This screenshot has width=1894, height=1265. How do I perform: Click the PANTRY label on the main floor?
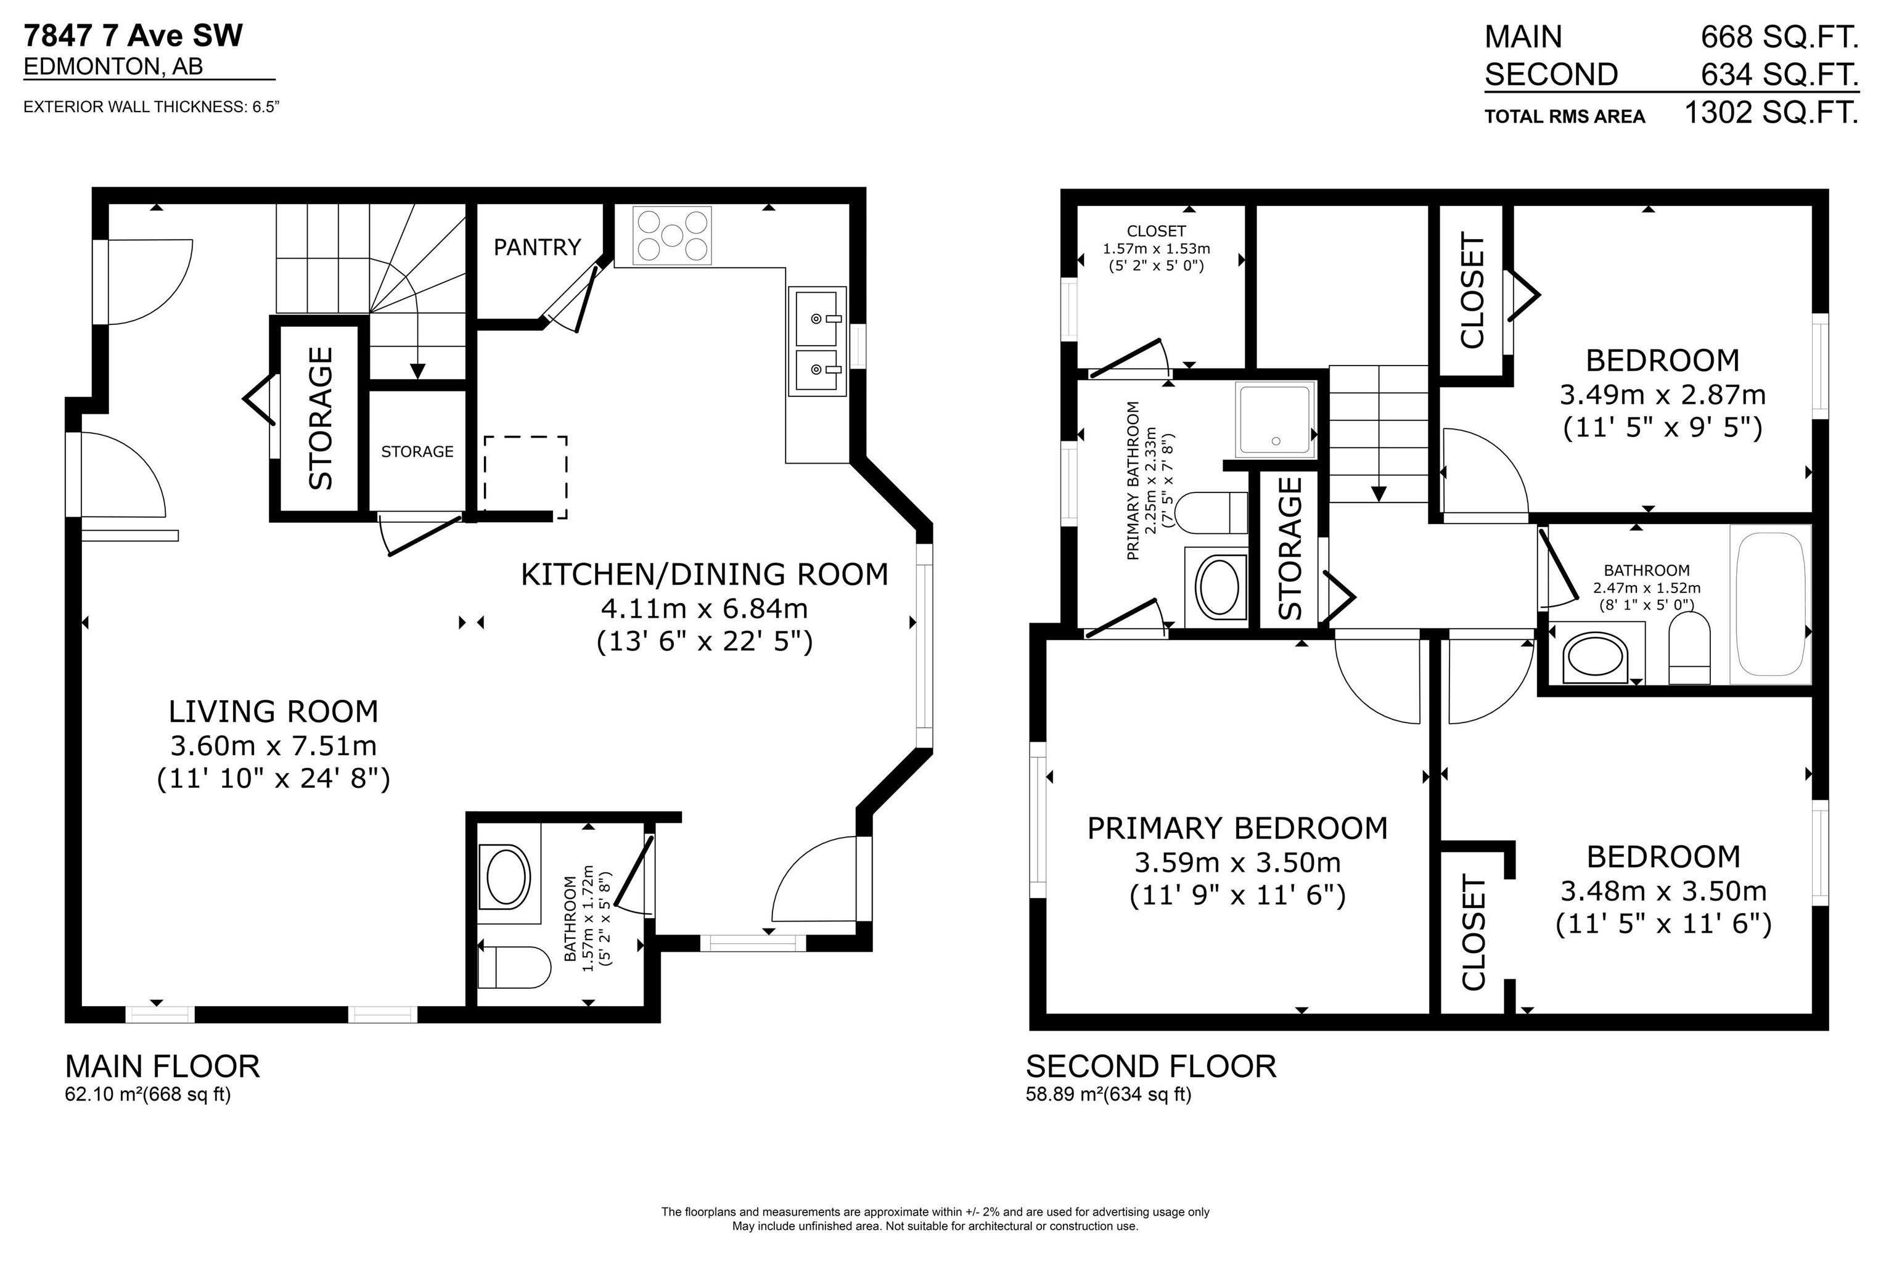coord(537,247)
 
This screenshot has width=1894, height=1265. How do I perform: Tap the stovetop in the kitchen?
coord(672,235)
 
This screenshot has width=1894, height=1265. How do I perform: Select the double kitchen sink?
coord(817,342)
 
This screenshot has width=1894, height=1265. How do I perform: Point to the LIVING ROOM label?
coord(274,711)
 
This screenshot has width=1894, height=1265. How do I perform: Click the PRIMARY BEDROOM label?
coord(1237,829)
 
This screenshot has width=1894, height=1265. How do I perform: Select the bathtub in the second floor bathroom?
coord(1771,605)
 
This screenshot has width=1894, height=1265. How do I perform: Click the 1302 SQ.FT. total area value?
coord(1771,112)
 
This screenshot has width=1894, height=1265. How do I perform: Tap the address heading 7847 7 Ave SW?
coord(133,36)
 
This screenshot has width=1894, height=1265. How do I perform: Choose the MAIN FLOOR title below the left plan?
coord(162,1066)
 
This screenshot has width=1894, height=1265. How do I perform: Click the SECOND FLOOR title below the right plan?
coord(1151,1066)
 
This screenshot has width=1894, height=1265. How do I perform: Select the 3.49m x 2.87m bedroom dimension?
coord(1663,395)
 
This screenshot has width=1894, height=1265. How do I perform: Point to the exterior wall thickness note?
coord(152,107)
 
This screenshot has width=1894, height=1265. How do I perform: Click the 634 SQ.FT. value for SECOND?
coord(1779,74)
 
